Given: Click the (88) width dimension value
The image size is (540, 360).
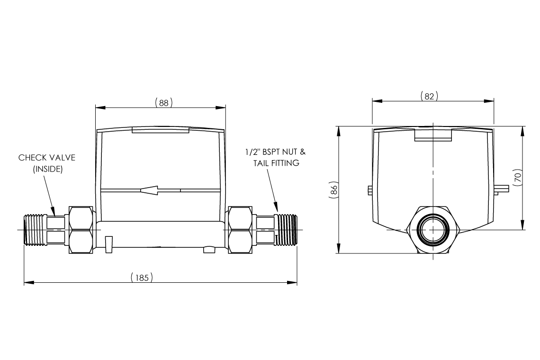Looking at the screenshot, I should point(163,102).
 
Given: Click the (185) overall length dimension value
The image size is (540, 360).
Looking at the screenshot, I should point(142,277).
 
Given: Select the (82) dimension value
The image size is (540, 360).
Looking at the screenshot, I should point(429,96).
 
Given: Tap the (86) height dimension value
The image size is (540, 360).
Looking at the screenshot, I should point(333,190).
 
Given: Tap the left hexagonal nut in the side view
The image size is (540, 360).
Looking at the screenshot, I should point(81,229).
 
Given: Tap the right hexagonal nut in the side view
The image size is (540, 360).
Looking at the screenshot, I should point(240,229).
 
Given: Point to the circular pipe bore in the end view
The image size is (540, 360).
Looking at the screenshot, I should point(432,230).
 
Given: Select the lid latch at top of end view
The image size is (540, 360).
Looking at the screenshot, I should point(433,135).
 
